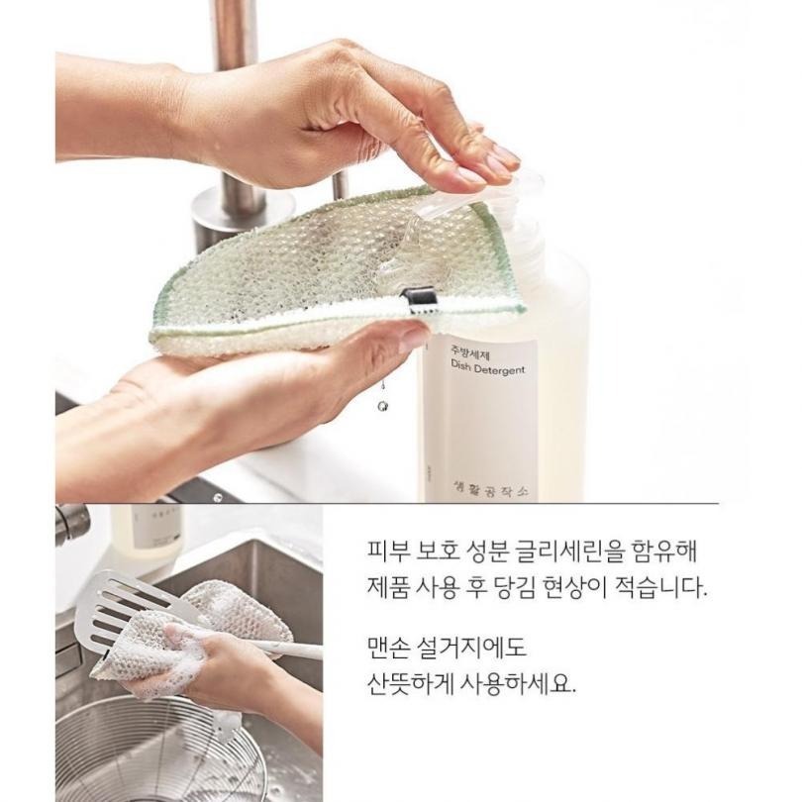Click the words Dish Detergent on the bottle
click(x=486, y=369)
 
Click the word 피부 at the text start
click(x=381, y=548)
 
